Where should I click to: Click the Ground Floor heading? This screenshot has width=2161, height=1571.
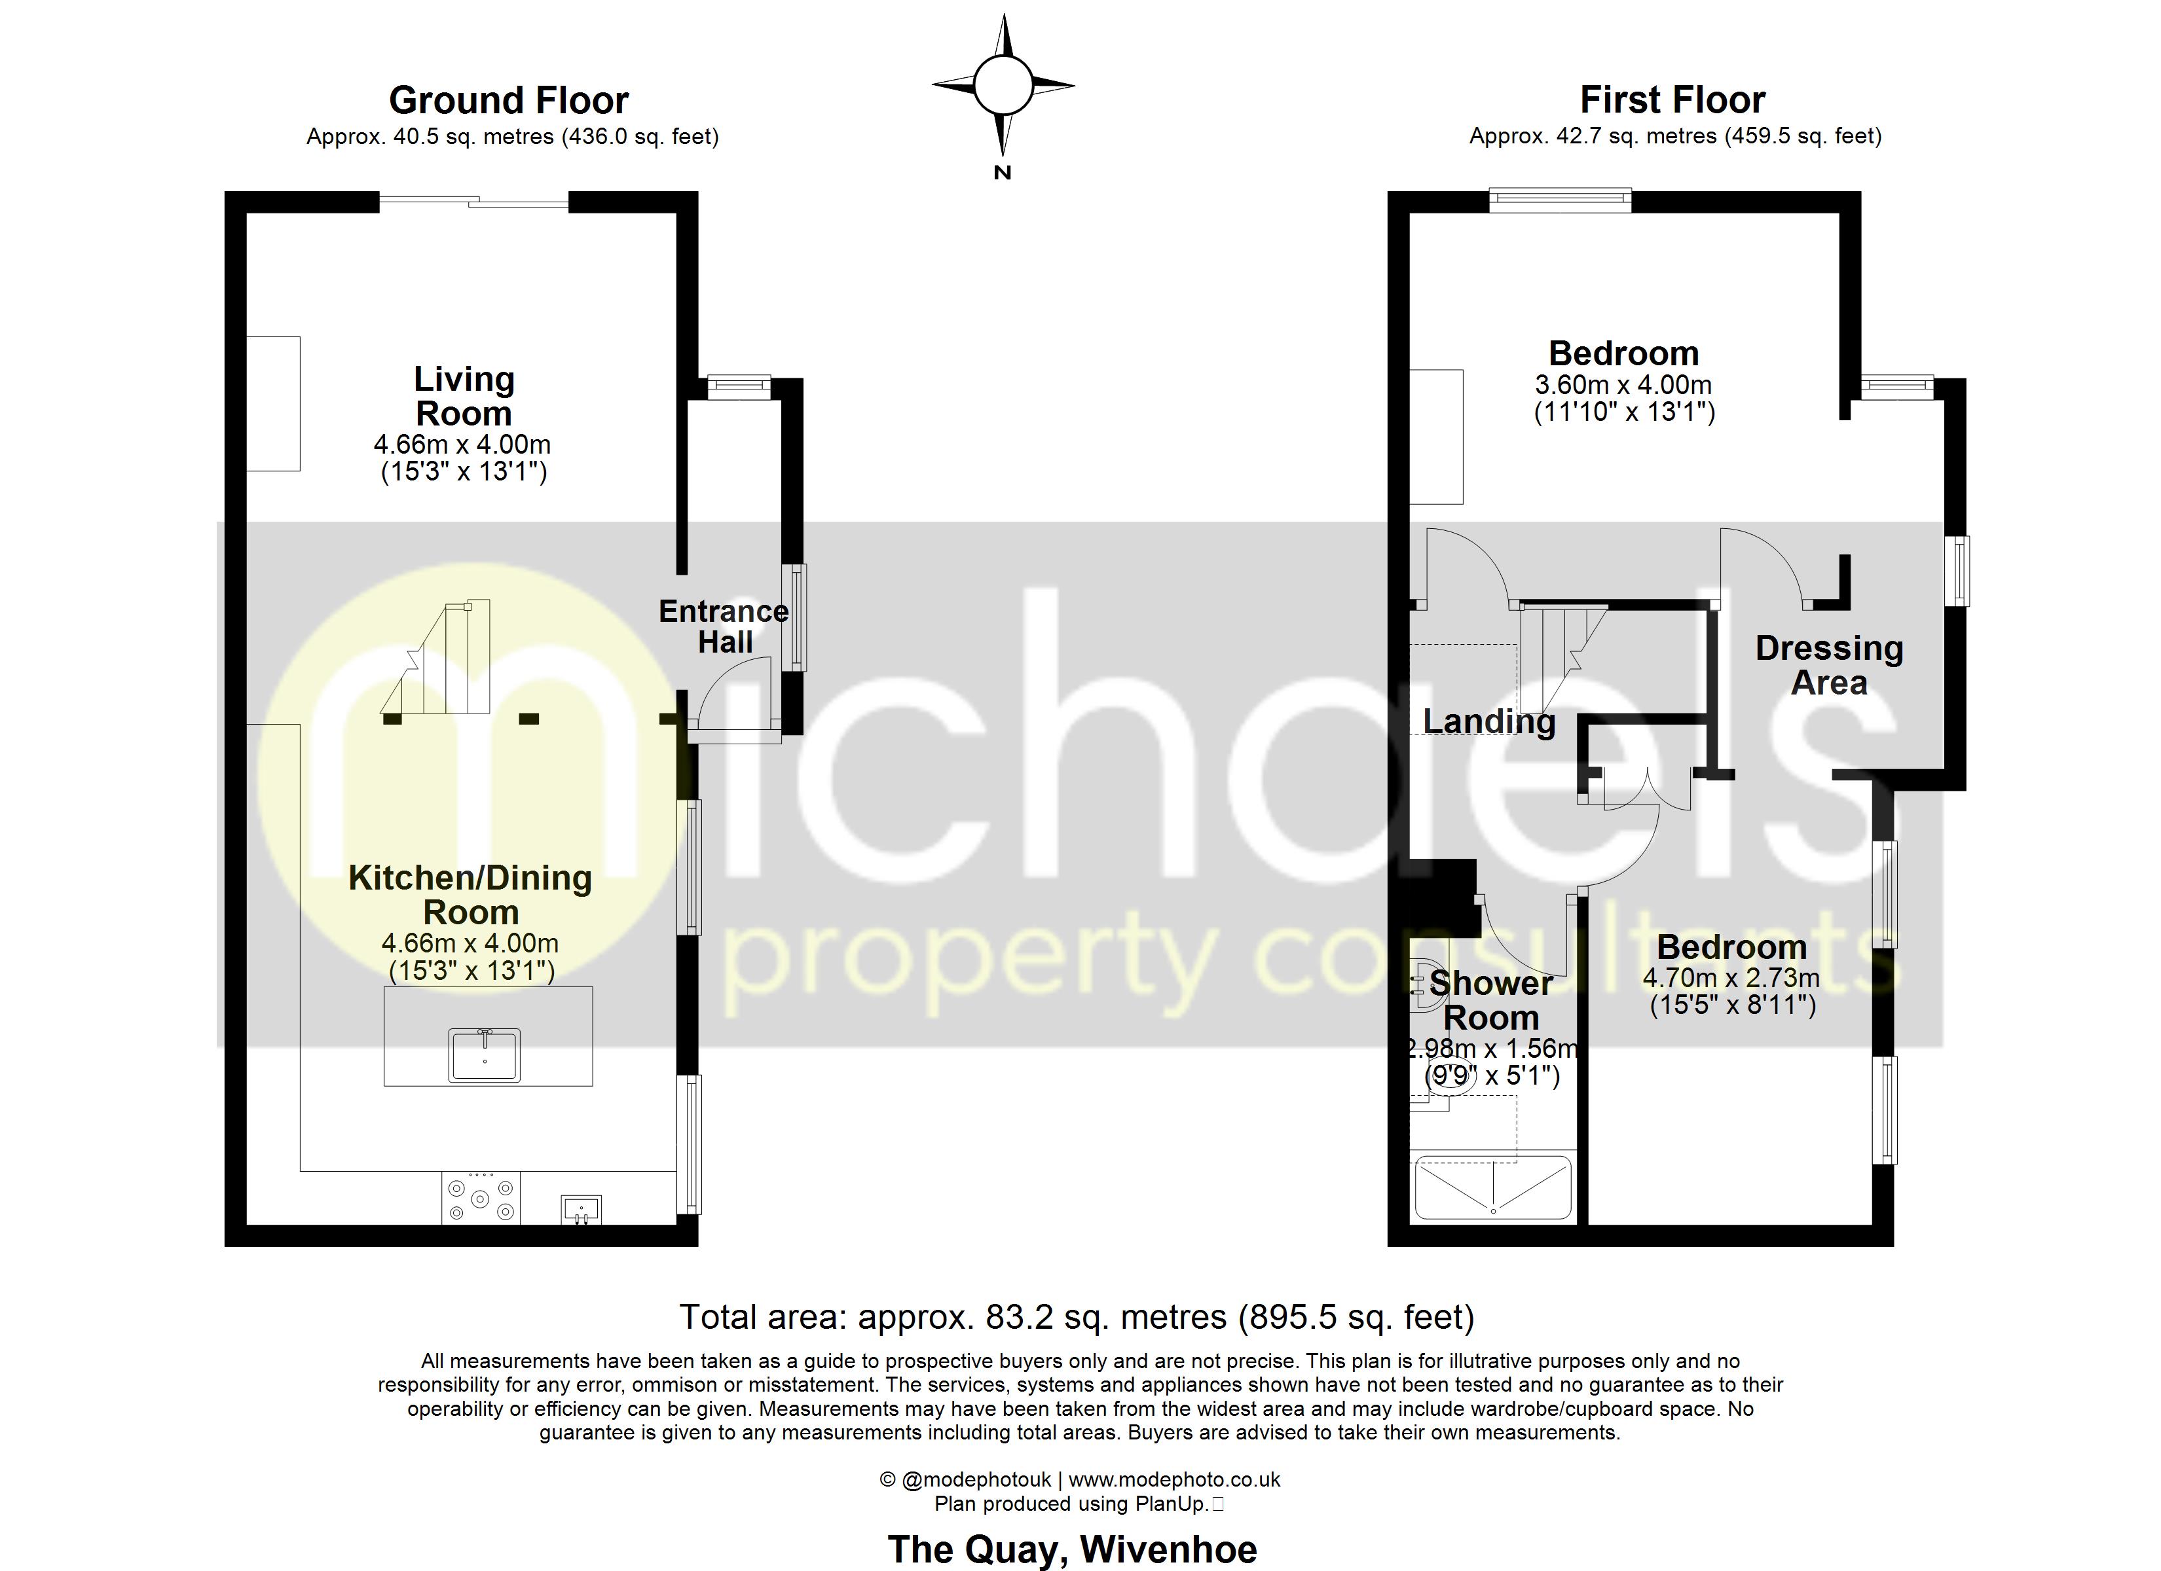(509, 100)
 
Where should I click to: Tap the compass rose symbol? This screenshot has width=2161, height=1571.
(1003, 86)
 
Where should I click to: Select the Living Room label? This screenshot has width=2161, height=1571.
(464, 396)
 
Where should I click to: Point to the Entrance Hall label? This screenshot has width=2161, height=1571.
(724, 626)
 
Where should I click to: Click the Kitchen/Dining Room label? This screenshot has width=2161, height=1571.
(471, 895)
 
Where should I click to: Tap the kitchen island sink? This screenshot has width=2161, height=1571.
(485, 1055)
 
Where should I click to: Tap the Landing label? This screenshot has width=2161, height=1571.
(1488, 721)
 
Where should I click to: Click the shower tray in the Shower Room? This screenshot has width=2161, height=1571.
(1492, 1188)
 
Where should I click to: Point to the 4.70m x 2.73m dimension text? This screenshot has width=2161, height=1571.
(1731, 977)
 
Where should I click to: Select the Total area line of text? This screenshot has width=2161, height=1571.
(1077, 1316)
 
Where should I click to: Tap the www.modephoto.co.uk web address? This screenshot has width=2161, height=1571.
(1174, 1479)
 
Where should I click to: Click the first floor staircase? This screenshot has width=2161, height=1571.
(1553, 657)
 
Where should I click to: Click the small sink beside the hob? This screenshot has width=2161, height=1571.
(582, 1209)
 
